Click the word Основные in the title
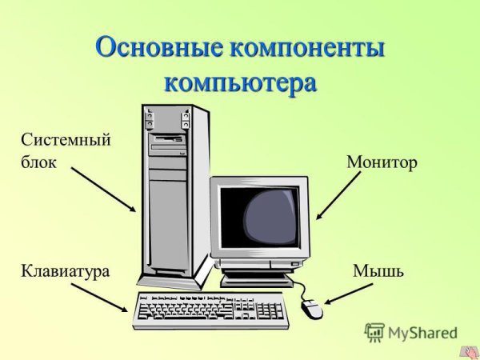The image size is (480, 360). coord(160,48)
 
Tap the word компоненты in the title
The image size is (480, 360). coord(307,48)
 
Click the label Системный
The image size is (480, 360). coord(65,140)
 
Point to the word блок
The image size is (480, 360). coord(38,162)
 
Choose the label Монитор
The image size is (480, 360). coord(382,162)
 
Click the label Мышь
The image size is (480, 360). coord(378,271)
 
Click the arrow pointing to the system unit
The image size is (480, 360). coord(102,189)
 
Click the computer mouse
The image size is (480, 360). coord(312,306)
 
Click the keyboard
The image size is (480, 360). coord(210,310)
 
